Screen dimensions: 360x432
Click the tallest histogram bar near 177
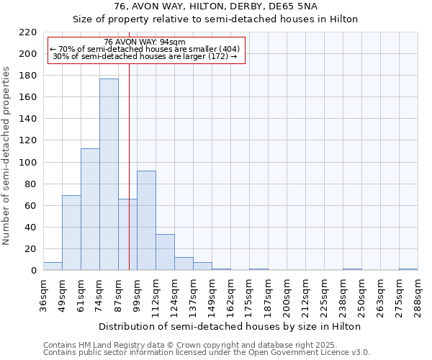click(109, 174)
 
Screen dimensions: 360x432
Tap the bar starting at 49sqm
click(71, 233)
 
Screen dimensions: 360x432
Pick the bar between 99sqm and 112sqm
click(146, 220)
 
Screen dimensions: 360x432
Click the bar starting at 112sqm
click(165, 252)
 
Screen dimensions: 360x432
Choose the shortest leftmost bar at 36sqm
click(53, 266)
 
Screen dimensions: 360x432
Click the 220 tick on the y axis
click(28, 32)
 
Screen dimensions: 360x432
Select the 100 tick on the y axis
click(28, 163)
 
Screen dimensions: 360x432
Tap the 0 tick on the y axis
click(33, 271)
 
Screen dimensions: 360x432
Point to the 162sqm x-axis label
click(231, 295)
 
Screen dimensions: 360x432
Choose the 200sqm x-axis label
click(287, 295)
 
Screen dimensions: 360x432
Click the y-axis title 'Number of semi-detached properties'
click(7, 156)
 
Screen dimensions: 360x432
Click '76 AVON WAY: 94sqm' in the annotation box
click(144, 42)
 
